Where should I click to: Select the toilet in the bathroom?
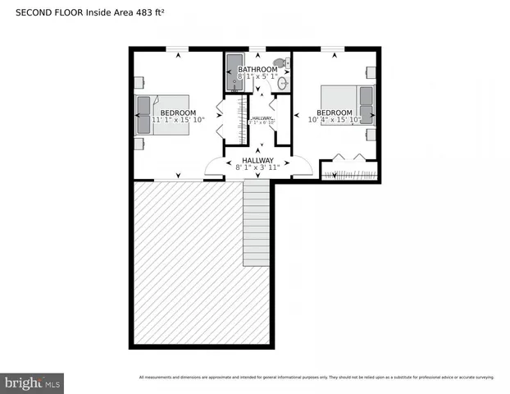click(x=280, y=62)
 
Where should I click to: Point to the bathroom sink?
click(x=284, y=83)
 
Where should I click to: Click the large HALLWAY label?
click(x=257, y=160)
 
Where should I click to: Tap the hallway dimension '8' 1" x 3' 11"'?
click(x=257, y=167)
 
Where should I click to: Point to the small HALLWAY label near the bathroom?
click(x=262, y=119)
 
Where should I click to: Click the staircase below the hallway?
click(x=256, y=223)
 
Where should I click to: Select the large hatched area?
click(x=189, y=263)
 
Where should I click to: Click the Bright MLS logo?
click(x=33, y=383)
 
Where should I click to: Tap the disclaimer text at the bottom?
click(x=316, y=378)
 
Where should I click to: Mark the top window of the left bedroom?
click(x=178, y=50)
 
